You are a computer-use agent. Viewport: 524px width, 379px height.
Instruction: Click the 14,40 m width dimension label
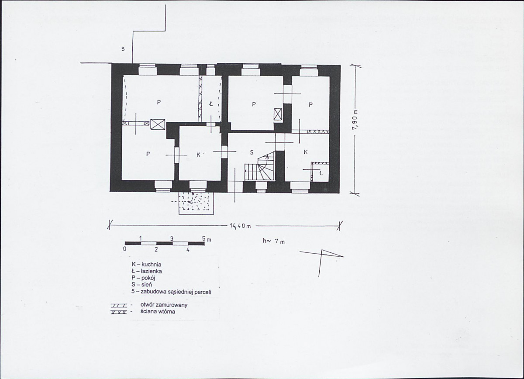click(x=240, y=226)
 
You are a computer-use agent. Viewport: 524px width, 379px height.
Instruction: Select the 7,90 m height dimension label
click(x=356, y=121)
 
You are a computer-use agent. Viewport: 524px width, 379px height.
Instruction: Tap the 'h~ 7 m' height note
click(x=274, y=241)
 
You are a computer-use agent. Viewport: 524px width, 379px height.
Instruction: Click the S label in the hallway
click(x=252, y=152)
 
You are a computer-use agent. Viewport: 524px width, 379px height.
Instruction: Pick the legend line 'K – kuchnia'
click(x=146, y=264)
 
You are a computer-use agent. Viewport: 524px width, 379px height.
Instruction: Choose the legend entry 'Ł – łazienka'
click(x=147, y=271)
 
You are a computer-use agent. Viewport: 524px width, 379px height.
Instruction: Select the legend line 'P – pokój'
click(x=143, y=278)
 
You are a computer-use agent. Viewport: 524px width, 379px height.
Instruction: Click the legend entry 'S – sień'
click(x=142, y=285)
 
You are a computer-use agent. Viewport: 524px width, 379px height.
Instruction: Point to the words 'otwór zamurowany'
click(x=164, y=305)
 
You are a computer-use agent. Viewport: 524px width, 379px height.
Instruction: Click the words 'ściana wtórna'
click(x=158, y=312)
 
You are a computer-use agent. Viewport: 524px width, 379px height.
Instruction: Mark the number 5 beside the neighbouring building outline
click(x=123, y=49)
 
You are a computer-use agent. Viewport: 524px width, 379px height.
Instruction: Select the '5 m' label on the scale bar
click(x=207, y=239)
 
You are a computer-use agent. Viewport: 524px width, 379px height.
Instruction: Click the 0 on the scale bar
click(x=125, y=249)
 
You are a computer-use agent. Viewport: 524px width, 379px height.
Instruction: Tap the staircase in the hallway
click(x=260, y=166)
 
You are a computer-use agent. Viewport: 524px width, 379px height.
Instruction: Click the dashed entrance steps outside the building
click(x=196, y=203)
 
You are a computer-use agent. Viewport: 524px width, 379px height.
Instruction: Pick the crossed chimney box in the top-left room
click(x=158, y=125)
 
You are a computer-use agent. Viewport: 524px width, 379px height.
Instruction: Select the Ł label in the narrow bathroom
click(x=211, y=104)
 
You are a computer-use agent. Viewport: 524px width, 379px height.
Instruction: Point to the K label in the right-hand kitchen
click(x=306, y=152)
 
